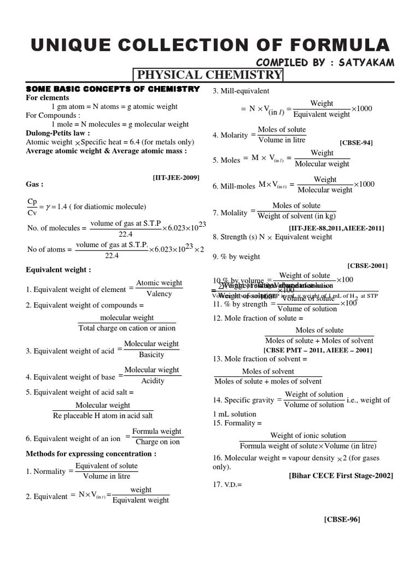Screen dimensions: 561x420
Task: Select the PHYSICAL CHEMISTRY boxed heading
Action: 208,75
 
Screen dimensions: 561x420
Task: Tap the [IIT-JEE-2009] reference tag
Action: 176,177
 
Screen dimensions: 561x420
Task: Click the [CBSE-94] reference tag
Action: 356,142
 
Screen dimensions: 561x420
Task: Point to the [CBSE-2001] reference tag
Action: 367,265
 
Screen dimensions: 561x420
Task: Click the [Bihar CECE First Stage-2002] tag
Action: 341,476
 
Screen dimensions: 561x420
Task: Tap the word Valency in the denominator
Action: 159,294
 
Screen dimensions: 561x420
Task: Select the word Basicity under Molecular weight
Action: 151,354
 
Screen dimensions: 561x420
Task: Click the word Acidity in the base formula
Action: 153,381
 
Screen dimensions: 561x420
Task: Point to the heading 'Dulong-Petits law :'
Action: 58,133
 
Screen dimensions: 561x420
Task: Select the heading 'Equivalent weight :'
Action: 59,270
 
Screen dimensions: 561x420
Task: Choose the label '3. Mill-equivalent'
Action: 241,90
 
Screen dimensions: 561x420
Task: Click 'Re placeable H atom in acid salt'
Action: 103,416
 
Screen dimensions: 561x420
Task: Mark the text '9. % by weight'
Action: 236,256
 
